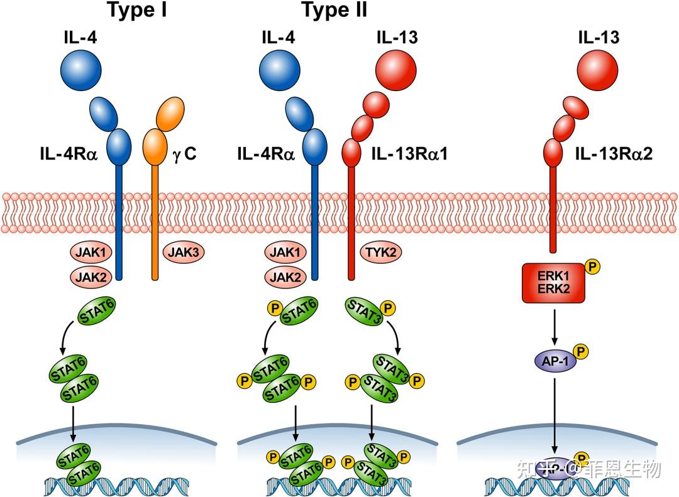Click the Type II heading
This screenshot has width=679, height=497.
[x=334, y=10]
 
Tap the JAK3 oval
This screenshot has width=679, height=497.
[x=184, y=252]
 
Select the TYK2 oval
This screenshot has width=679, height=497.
[x=381, y=252]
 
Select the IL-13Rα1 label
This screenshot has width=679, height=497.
[x=409, y=152]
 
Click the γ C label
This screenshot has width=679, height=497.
[x=184, y=152]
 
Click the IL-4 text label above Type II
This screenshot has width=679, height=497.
[x=277, y=37]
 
